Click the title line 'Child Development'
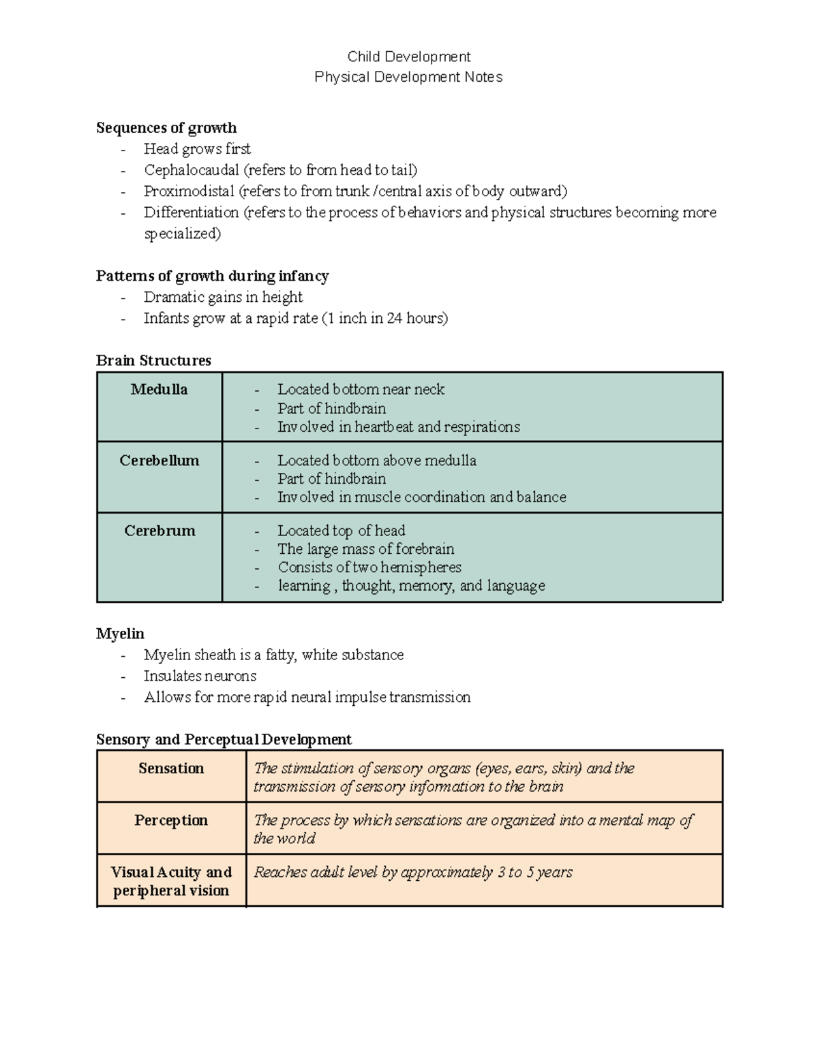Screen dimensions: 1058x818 pyautogui.click(x=408, y=57)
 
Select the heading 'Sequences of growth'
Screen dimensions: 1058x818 pyautogui.click(x=166, y=128)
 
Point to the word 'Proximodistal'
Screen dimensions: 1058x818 pyautogui.click(x=188, y=191)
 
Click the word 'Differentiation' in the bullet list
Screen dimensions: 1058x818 pyautogui.click(x=191, y=213)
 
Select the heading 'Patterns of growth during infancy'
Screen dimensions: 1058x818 pyautogui.click(x=212, y=276)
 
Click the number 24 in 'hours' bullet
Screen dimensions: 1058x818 pyautogui.click(x=394, y=318)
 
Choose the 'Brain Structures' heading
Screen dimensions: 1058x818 pyautogui.click(x=153, y=360)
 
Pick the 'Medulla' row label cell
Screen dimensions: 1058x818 pyautogui.click(x=159, y=390)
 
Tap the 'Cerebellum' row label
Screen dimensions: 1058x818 pyautogui.click(x=159, y=461)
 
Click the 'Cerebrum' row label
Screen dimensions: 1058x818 pyautogui.click(x=159, y=531)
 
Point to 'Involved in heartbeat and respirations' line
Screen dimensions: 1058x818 pyautogui.click(x=398, y=427)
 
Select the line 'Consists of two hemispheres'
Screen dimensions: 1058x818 pyautogui.click(x=369, y=567)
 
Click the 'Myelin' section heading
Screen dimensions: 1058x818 pyautogui.click(x=120, y=634)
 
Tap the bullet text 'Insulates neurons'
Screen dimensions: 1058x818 pyautogui.click(x=200, y=676)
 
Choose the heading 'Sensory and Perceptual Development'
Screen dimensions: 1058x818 pyautogui.click(x=224, y=740)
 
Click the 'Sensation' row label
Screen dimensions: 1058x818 pyautogui.click(x=171, y=768)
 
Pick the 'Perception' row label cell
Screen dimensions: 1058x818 pyautogui.click(x=171, y=820)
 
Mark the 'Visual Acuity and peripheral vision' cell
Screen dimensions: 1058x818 pyautogui.click(x=171, y=881)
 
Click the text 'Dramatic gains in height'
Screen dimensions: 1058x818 pyautogui.click(x=223, y=297)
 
